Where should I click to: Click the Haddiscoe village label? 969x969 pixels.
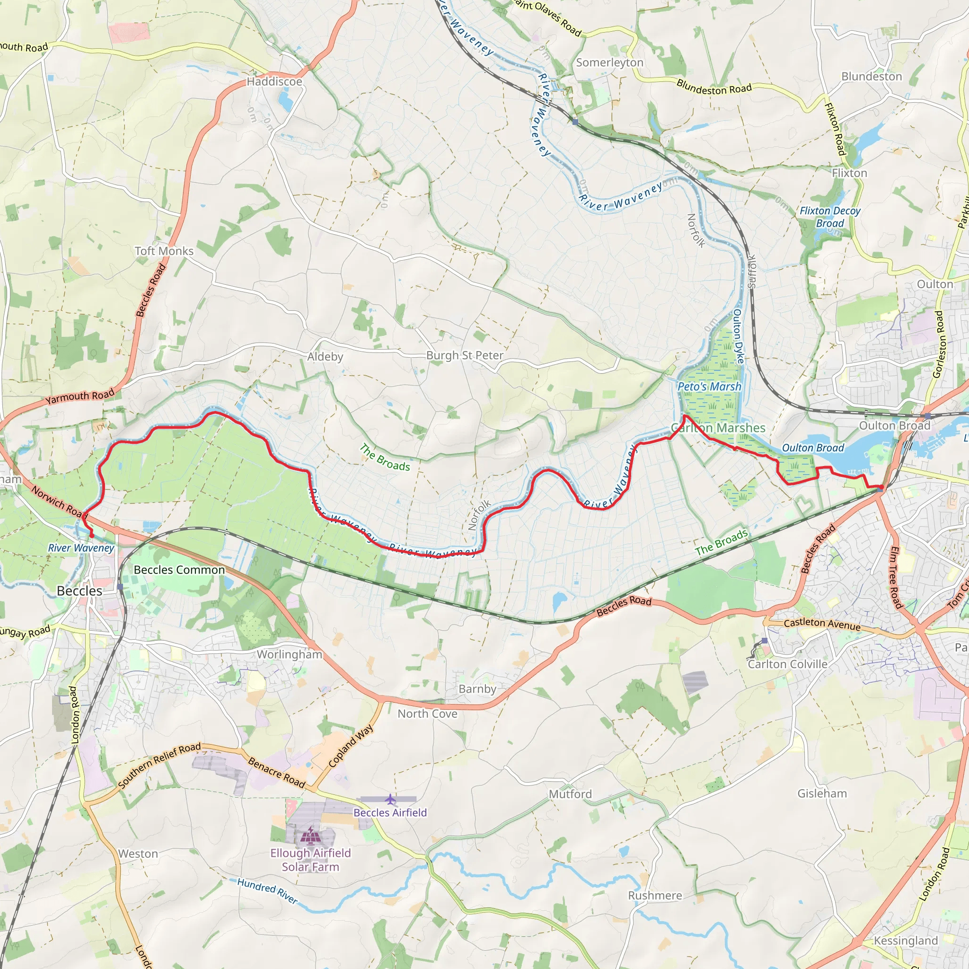click(x=274, y=81)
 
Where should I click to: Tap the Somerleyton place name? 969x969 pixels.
click(x=609, y=63)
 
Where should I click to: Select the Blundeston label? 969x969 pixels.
click(x=872, y=76)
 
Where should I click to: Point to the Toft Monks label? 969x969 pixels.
click(x=164, y=251)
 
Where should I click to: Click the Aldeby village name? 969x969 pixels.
click(x=325, y=357)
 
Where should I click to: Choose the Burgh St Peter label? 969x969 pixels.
click(x=465, y=355)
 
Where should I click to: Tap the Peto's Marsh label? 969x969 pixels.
click(x=709, y=386)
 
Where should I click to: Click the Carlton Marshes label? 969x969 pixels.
click(x=718, y=428)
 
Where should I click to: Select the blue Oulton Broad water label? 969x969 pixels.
click(x=813, y=448)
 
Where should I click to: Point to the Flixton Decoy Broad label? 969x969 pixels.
click(x=830, y=217)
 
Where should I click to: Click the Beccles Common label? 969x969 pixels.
click(x=179, y=570)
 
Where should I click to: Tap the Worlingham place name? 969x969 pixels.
click(x=290, y=654)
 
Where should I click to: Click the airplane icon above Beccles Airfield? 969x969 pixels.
click(x=390, y=798)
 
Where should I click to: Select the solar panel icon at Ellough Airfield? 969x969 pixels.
click(x=307, y=837)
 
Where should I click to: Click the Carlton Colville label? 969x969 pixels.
click(x=787, y=664)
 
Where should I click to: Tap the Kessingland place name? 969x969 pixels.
click(x=906, y=941)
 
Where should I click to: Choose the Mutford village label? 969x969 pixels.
click(x=570, y=794)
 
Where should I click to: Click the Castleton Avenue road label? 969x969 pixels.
click(x=822, y=625)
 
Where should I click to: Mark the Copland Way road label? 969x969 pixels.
click(x=351, y=746)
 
